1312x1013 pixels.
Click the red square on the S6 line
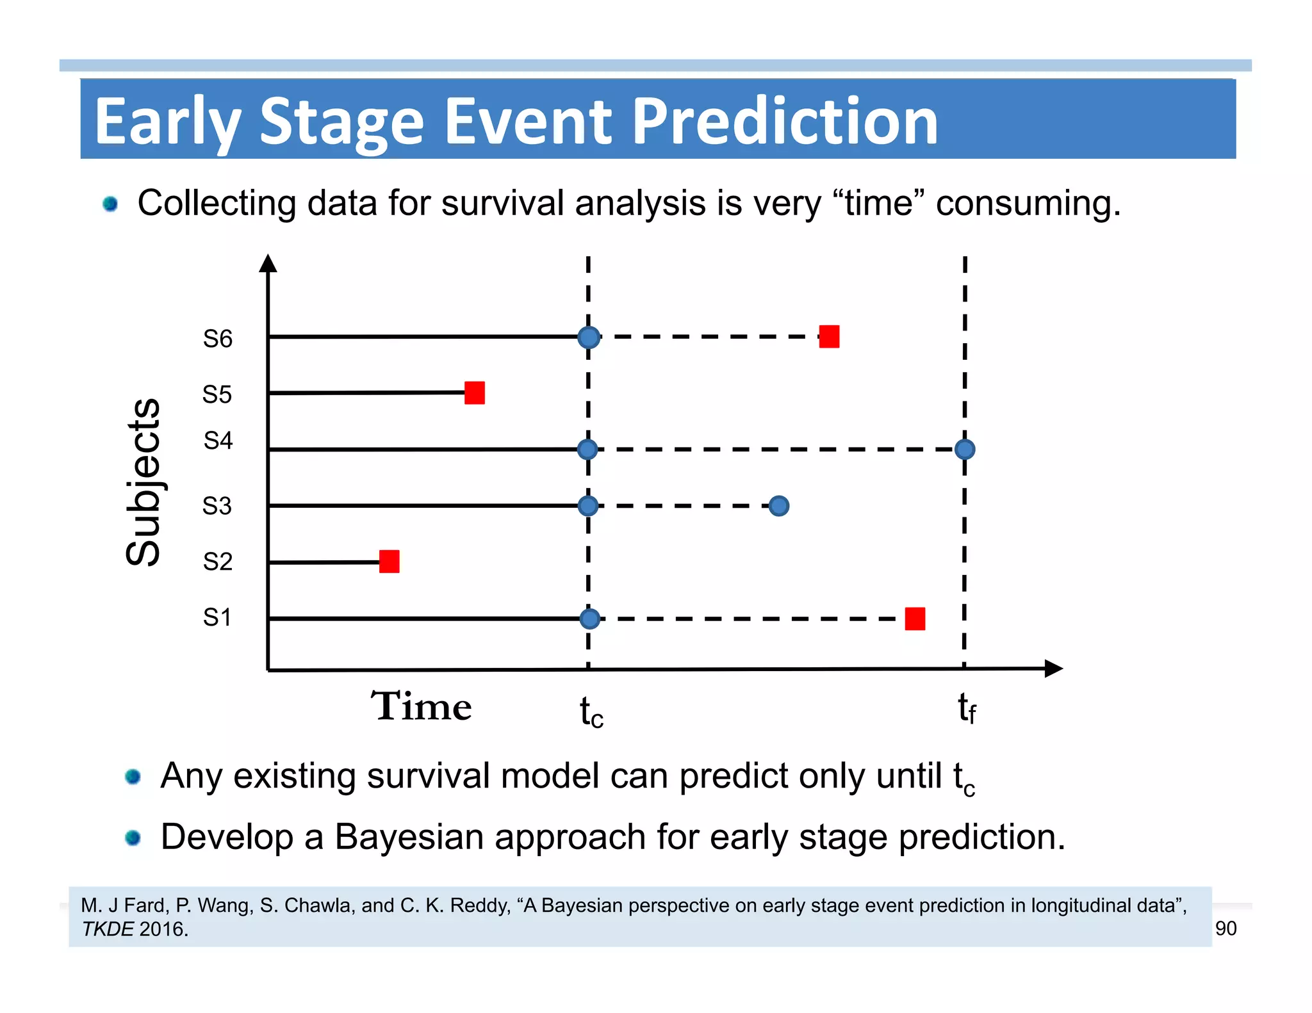point(829,336)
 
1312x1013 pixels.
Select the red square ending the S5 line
point(475,393)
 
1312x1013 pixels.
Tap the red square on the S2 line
point(389,562)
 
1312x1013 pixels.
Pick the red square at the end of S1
point(915,619)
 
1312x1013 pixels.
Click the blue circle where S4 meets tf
point(964,450)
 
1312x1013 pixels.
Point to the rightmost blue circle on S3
point(778,506)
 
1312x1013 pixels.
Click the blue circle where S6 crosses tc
point(589,337)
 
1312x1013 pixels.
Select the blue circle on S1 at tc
point(589,619)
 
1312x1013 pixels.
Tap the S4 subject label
point(218,441)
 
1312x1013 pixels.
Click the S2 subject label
point(217,562)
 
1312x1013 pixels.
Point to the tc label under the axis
point(591,712)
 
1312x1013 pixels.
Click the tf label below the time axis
point(967,708)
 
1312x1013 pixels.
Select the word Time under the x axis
point(422,706)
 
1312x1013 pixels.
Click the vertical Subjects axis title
point(143,482)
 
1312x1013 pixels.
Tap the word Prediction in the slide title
point(785,121)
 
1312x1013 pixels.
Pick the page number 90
point(1226,928)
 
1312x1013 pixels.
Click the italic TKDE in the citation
point(108,929)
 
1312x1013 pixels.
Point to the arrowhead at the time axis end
point(1053,669)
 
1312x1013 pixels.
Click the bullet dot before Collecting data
point(110,204)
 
